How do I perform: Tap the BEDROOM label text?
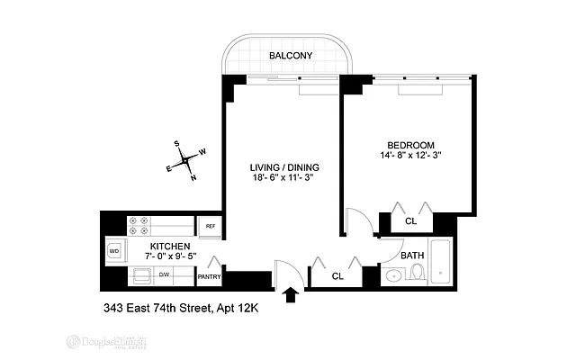[x=410, y=145]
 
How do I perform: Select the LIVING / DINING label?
[x=284, y=167]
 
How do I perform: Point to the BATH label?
[x=412, y=256]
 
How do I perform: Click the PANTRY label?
[x=209, y=277]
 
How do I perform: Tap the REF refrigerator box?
[x=210, y=226]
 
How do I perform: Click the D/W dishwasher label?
[x=165, y=274]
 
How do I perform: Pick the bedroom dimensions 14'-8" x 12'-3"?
[x=410, y=156]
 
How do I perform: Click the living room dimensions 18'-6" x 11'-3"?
[x=284, y=178]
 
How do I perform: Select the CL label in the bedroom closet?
[x=410, y=220]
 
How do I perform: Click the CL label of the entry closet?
[x=337, y=276]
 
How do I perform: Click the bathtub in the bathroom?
[x=441, y=262]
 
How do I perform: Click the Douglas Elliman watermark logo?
[x=107, y=342]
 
